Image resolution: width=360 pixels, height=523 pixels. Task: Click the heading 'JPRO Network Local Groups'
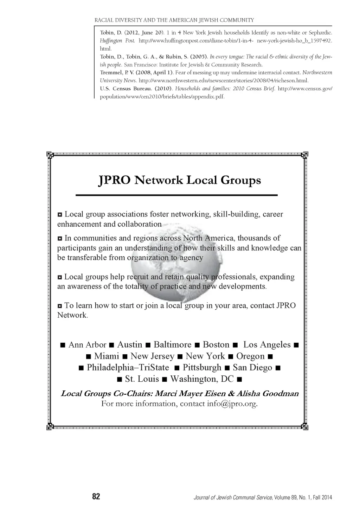(179, 180)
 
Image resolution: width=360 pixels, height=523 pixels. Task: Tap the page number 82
(96, 496)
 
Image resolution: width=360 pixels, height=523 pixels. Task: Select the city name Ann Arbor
(87, 345)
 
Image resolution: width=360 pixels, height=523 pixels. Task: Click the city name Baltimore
(172, 345)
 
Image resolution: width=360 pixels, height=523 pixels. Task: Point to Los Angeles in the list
(267, 345)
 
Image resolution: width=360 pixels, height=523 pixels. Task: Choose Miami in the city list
(107, 356)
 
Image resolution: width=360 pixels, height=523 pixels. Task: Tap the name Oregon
(250, 356)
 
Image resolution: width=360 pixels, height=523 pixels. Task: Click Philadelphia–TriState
(128, 368)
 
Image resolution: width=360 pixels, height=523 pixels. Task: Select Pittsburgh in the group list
(202, 368)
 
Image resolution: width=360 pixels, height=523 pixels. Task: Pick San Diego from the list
(252, 368)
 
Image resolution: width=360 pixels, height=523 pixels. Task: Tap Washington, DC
(202, 379)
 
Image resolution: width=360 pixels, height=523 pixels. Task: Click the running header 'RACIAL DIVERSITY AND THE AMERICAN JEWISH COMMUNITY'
(174, 20)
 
